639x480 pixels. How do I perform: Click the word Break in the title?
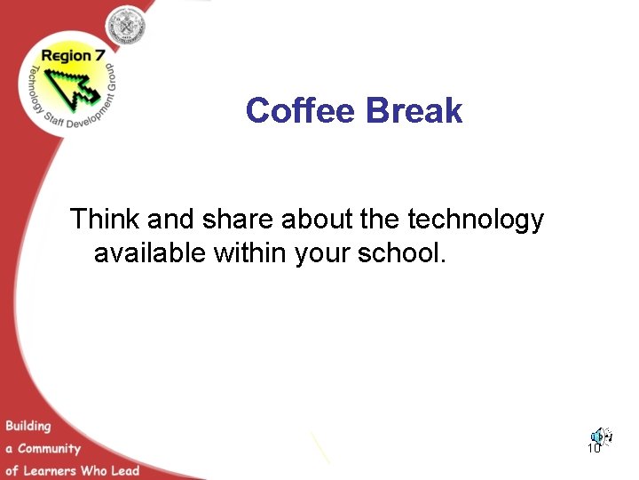(414, 111)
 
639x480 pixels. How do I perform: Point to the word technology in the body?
(476, 220)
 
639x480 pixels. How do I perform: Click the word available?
(150, 253)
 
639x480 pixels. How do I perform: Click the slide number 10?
(594, 449)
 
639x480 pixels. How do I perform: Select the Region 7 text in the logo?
(67, 56)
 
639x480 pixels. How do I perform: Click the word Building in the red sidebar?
(28, 427)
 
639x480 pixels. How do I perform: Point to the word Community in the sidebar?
(49, 449)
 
